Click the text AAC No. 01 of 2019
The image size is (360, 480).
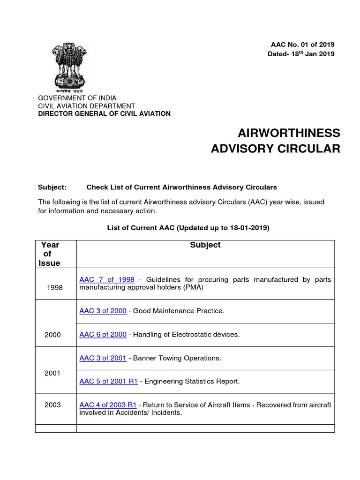[302, 45]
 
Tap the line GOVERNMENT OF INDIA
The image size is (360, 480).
[77, 98]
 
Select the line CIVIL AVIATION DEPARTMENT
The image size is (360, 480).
[86, 106]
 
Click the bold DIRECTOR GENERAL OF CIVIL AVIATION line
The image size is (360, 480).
[104, 113]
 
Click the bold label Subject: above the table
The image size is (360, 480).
[52, 187]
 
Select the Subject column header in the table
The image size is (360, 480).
[205, 245]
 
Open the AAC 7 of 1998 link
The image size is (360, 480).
[107, 279]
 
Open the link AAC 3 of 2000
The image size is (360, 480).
[103, 311]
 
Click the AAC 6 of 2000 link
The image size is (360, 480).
[103, 335]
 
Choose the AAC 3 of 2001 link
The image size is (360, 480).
[103, 358]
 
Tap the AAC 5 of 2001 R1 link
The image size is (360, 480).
[108, 382]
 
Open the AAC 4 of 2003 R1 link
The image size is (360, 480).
[108, 405]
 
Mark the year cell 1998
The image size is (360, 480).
[55, 288]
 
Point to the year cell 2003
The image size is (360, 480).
[52, 405]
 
